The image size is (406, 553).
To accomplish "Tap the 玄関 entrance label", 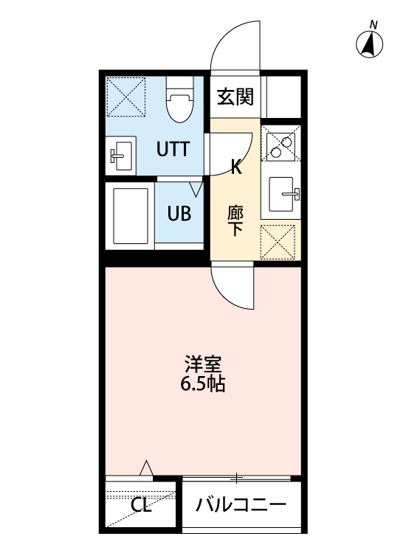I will [x=235, y=97].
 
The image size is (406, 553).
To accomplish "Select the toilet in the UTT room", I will [x=178, y=104].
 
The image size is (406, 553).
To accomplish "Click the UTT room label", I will [x=173, y=149].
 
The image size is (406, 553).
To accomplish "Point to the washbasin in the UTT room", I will [x=120, y=156].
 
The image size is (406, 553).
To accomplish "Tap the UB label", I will [x=179, y=214].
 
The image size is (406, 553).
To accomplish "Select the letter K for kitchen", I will [x=236, y=167].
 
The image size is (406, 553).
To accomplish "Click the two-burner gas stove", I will [x=281, y=145].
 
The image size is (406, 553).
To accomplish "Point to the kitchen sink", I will [x=281, y=195].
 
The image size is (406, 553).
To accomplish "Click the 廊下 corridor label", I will [x=235, y=220].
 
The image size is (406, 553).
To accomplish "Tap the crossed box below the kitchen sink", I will [x=281, y=240].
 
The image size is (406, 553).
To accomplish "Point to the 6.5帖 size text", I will [x=203, y=384].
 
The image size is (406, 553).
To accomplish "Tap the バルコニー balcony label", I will [x=241, y=506].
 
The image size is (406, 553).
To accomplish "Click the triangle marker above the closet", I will [x=146, y=467].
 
